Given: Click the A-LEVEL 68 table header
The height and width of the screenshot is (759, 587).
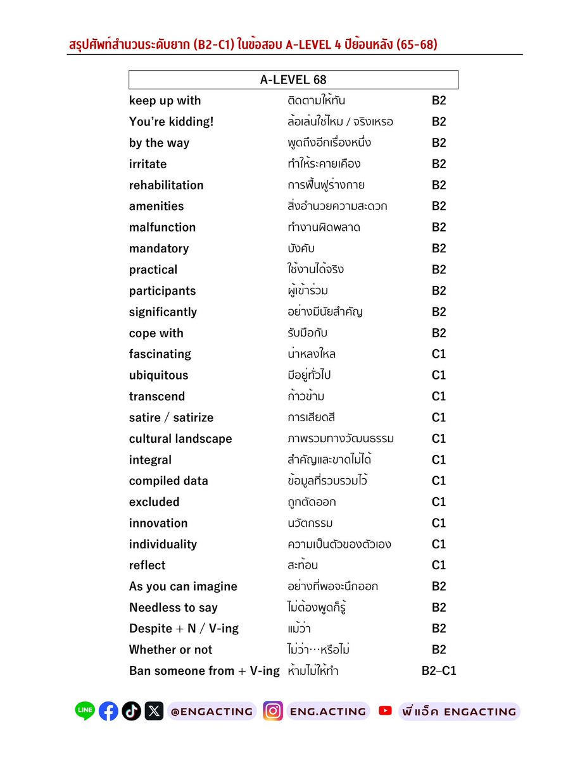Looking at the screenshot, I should click(x=293, y=80).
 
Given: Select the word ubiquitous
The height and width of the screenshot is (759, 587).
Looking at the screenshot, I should click(x=158, y=375).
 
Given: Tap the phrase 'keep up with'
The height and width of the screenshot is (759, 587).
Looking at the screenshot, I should click(x=165, y=101).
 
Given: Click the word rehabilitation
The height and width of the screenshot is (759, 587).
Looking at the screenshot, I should click(x=166, y=185).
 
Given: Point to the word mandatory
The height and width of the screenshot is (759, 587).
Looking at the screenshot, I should click(x=158, y=249).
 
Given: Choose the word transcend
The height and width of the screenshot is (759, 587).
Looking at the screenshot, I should click(x=157, y=397).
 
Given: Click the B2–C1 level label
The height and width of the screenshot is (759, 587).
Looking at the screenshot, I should click(x=439, y=671).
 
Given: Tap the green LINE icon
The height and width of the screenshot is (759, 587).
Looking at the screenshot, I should click(x=84, y=711).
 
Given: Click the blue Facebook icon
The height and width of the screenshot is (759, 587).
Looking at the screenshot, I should click(x=108, y=711).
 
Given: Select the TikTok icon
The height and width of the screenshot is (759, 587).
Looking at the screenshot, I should click(x=132, y=711).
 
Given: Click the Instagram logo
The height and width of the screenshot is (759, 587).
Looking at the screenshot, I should click(x=273, y=711).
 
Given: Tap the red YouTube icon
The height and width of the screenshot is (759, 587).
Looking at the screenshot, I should click(x=385, y=711).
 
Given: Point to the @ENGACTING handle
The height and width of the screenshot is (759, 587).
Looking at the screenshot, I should click(x=211, y=712).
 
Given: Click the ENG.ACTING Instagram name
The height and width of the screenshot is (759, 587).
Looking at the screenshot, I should click(x=327, y=712).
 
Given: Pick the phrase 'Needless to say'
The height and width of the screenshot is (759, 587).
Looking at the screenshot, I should click(x=173, y=608).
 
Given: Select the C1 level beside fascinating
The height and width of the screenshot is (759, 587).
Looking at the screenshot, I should click(x=439, y=354).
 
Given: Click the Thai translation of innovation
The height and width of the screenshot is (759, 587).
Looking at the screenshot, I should click(x=310, y=523).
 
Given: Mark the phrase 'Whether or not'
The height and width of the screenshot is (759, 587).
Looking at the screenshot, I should click(x=170, y=650).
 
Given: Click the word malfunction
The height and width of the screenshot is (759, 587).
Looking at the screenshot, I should click(x=162, y=228).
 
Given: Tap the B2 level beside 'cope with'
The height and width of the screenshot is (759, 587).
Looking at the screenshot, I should click(x=439, y=333).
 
